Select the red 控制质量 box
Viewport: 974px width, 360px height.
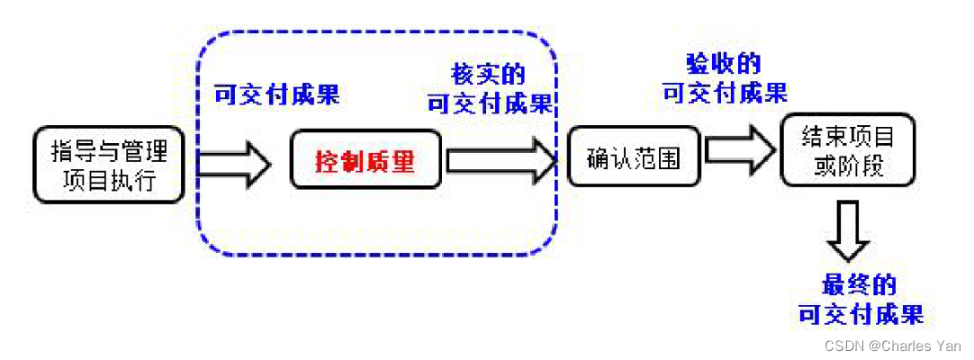[x=365, y=161]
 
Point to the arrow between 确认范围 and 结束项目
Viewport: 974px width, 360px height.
[x=739, y=149]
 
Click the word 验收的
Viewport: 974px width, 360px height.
[x=723, y=64]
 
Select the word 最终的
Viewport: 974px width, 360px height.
[x=860, y=286]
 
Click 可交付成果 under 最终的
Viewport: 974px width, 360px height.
[x=861, y=314]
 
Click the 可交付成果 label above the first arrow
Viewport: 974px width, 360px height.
[x=276, y=95]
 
